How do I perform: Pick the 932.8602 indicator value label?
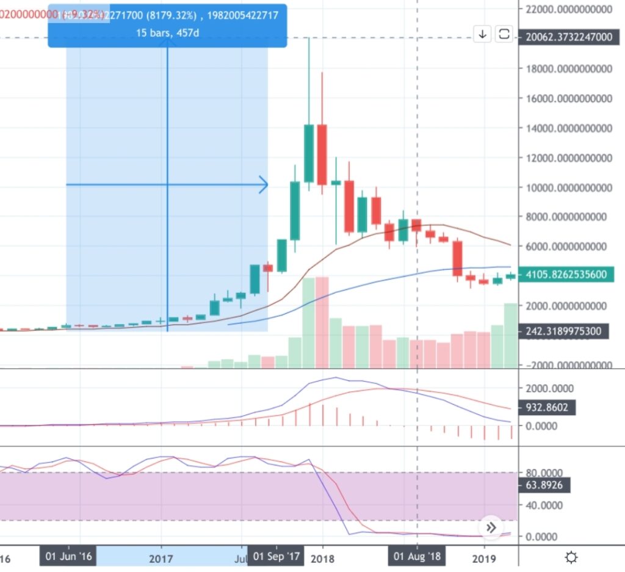(x=546, y=407)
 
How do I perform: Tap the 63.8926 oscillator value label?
(x=546, y=486)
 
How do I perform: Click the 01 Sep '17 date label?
(x=276, y=557)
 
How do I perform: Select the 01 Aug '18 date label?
(x=417, y=557)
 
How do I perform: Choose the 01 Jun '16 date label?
(x=68, y=557)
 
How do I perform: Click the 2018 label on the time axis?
(x=322, y=558)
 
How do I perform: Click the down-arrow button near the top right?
(x=482, y=34)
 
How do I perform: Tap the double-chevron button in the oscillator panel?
(x=491, y=527)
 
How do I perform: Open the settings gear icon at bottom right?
(x=571, y=557)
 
